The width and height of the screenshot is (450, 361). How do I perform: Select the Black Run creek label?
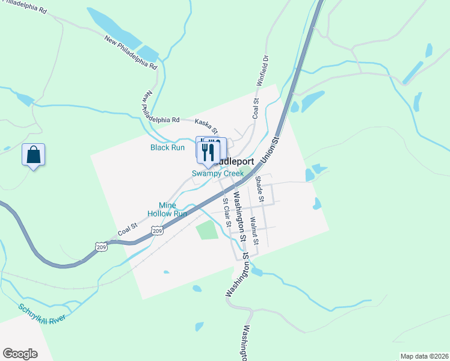point(167,147)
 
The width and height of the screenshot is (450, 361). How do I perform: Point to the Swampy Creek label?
point(218,173)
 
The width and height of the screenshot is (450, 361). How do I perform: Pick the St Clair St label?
point(227,212)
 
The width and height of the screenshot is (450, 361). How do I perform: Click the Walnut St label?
point(254,230)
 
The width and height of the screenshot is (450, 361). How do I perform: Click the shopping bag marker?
point(34,155)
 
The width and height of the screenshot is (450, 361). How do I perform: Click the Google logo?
point(20,354)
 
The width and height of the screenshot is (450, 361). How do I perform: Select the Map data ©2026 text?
point(424,356)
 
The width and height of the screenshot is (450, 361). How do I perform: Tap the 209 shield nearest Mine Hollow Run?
point(157,230)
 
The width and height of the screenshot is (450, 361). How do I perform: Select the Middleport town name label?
point(234,161)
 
